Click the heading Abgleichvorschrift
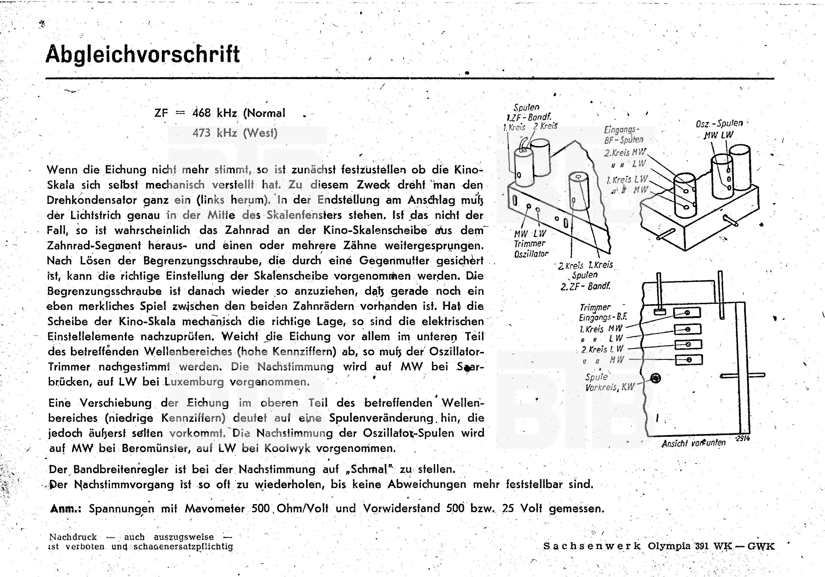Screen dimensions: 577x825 [143, 55]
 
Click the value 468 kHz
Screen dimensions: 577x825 [214, 113]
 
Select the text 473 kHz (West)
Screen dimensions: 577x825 [235, 133]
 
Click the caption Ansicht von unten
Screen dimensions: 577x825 [693, 443]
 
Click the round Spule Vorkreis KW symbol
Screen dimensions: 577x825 [656, 378]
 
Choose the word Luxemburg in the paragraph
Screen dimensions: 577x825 [194, 382]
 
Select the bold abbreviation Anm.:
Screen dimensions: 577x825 [66, 509]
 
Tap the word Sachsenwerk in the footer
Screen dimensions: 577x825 [592, 546]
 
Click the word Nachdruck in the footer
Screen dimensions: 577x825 [73, 537]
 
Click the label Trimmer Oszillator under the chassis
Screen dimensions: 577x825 [530, 248]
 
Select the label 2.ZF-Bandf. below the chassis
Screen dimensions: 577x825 [585, 286]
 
